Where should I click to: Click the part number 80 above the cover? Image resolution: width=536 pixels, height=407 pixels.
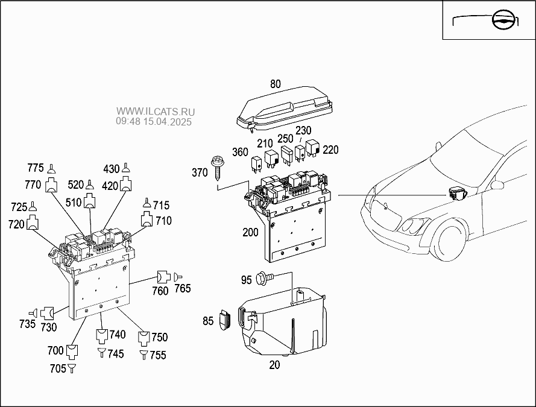click(x=275, y=84)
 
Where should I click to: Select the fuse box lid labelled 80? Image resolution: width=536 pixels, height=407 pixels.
click(x=285, y=109)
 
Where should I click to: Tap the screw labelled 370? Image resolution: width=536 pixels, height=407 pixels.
click(x=216, y=168)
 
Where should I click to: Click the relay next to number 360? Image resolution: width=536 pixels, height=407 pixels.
click(x=256, y=163)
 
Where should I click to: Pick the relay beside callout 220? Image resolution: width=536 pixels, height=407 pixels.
click(x=312, y=148)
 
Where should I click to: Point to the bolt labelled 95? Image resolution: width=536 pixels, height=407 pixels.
click(x=265, y=277)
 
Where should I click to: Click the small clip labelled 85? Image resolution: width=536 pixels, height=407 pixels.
click(x=224, y=320)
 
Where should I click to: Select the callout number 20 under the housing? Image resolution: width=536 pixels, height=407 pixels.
click(x=274, y=365)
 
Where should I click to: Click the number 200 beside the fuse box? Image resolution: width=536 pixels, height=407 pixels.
click(x=250, y=232)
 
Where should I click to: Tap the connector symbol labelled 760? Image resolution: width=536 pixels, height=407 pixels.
click(x=163, y=277)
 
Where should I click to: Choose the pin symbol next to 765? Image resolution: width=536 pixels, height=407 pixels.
click(x=178, y=277)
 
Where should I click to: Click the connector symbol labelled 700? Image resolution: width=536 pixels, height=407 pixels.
click(x=72, y=352)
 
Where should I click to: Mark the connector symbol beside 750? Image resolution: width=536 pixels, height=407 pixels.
click(x=144, y=338)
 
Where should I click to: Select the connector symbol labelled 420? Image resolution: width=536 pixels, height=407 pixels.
click(x=125, y=184)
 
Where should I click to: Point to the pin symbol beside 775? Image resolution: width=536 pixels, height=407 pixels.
click(x=51, y=169)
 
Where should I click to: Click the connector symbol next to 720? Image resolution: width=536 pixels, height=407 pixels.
click(x=33, y=222)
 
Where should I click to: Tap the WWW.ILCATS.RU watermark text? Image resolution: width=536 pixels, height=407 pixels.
click(x=156, y=112)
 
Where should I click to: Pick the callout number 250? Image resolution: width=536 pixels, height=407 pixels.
click(x=285, y=139)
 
